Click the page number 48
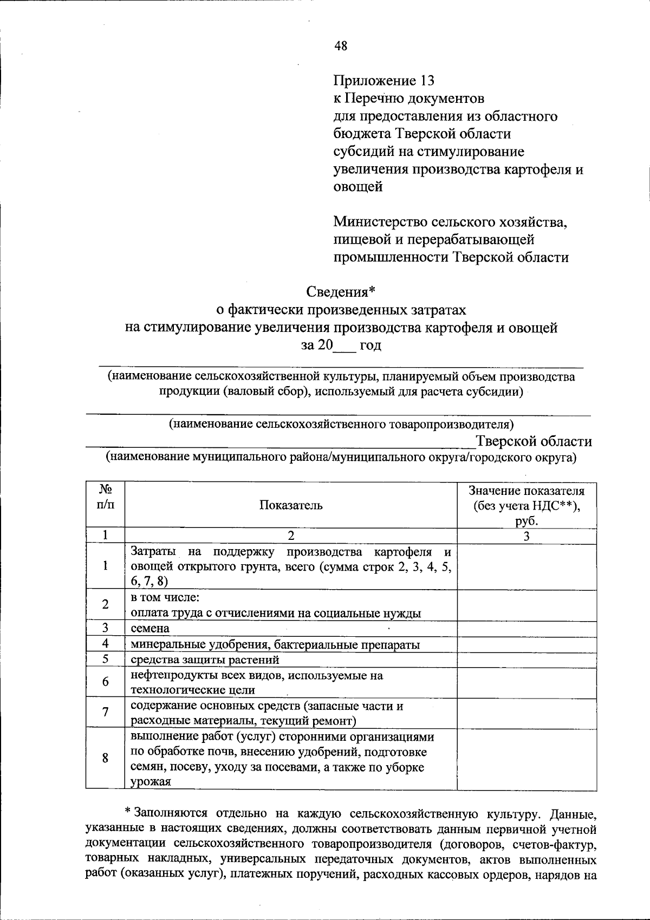coord(341,46)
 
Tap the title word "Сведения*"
coord(341,292)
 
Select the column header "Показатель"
coord(291,505)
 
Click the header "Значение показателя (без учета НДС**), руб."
coord(526,505)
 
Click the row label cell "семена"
coord(291,628)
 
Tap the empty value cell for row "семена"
coord(526,628)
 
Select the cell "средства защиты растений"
coord(291,659)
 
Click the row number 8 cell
coord(105,758)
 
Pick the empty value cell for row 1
coord(526,566)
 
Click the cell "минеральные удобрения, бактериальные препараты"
coord(291,644)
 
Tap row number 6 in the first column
coord(105,682)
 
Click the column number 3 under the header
coord(526,536)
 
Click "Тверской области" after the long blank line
coord(534,441)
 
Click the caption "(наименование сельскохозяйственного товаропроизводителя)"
coord(341,423)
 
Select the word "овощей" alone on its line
coord(357,187)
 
